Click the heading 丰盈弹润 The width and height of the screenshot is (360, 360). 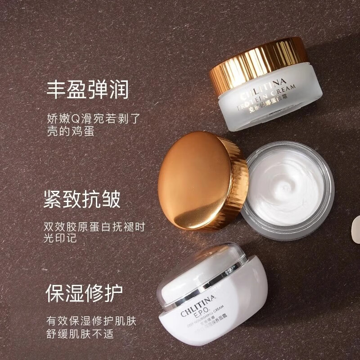[x=88, y=90]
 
